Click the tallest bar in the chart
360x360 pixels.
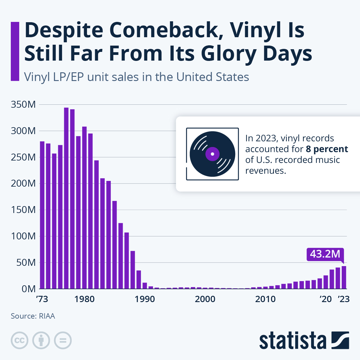coord(66,198)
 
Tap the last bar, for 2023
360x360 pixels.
coord(344,277)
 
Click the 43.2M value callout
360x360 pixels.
coord(325,254)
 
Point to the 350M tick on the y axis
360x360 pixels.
coord(23,105)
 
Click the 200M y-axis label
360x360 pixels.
coord(23,184)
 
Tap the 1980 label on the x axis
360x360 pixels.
coord(85,299)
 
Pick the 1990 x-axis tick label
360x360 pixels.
coord(145,299)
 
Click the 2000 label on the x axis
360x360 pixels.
coord(205,299)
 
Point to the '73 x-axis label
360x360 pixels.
coord(42,299)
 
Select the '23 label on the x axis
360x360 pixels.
coord(343,299)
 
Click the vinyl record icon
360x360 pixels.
coord(212,154)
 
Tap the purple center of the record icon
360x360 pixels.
coord(212,154)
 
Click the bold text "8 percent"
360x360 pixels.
coord(327,149)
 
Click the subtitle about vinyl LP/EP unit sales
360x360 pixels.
coord(136,77)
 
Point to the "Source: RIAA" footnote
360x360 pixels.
coord(33,316)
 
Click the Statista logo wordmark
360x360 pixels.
coord(292,341)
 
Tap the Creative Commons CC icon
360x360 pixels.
coord(19,340)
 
